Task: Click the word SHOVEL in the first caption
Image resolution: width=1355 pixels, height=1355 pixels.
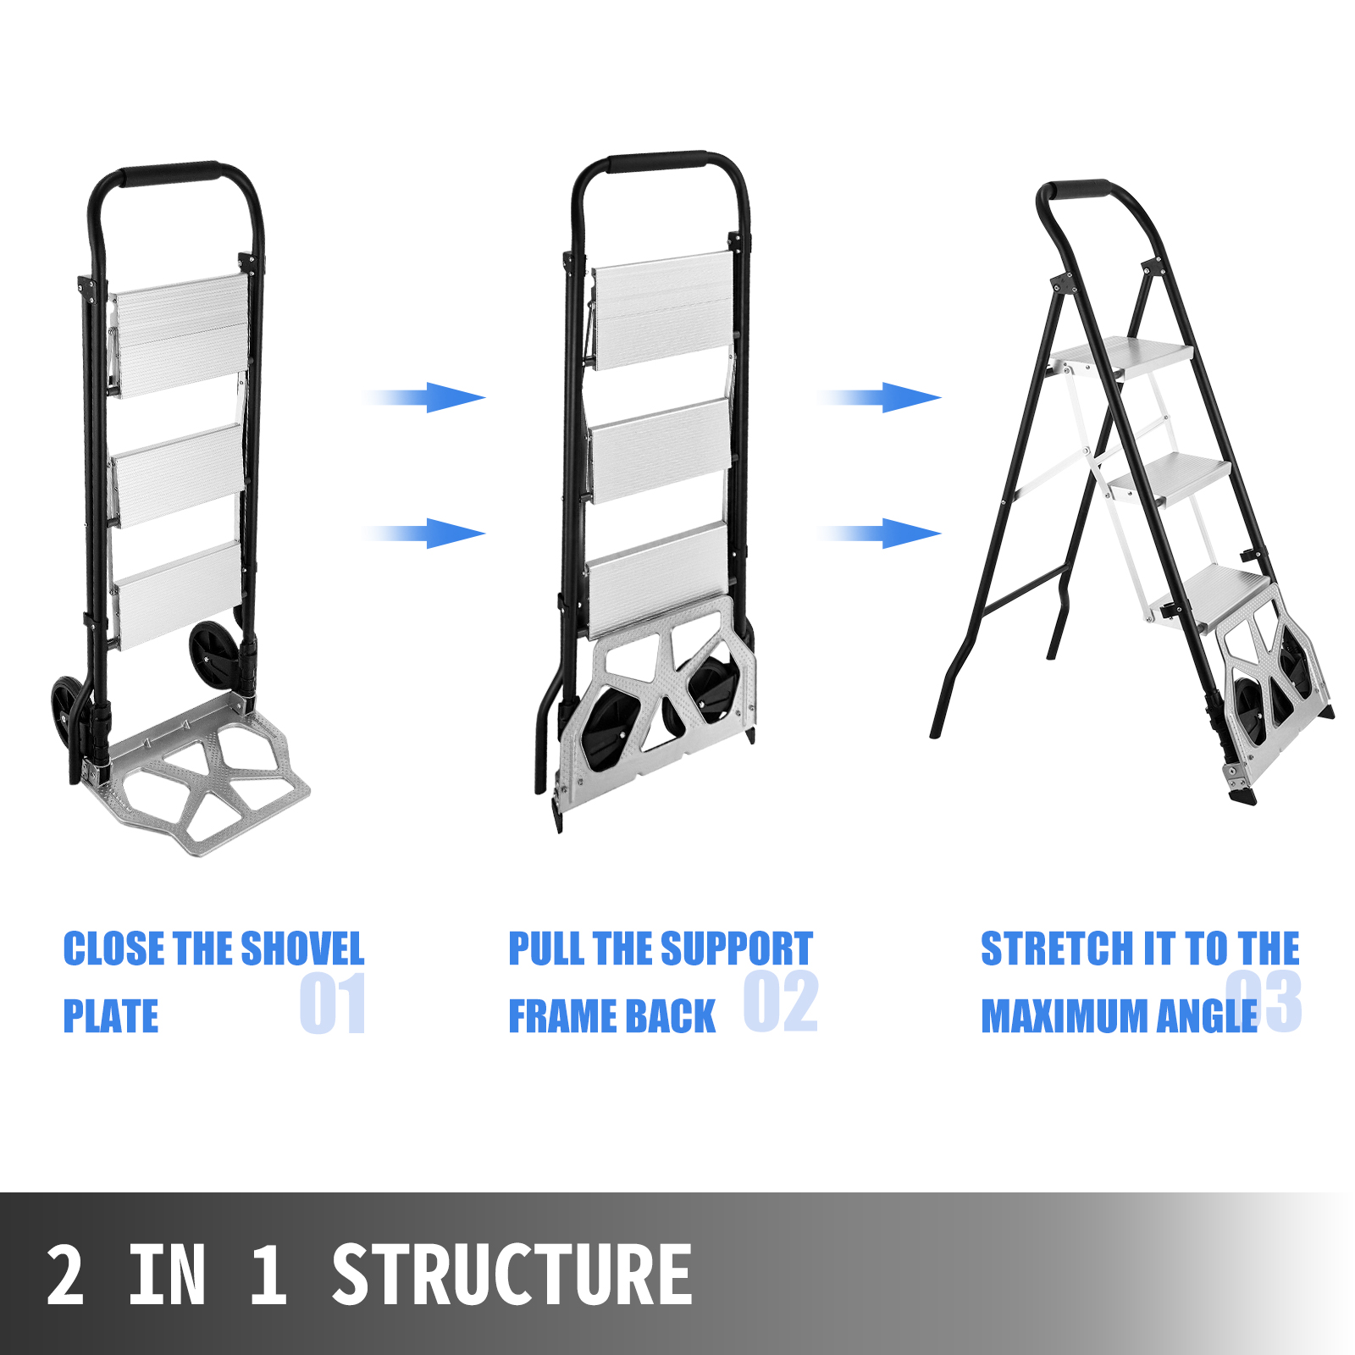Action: tap(302, 948)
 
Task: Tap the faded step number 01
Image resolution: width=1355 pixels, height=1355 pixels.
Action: tap(333, 1004)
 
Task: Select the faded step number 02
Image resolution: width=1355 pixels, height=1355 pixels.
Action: tap(780, 1002)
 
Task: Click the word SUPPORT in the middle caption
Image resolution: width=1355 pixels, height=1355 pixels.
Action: tap(736, 948)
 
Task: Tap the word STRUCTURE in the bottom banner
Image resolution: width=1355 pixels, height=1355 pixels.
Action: tap(512, 1275)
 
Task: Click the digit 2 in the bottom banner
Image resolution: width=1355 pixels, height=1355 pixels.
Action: tap(65, 1275)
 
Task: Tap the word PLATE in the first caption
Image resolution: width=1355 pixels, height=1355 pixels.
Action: tap(111, 1016)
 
